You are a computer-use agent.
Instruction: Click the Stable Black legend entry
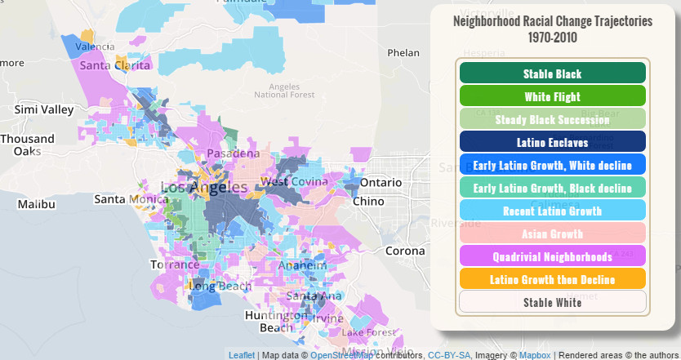(x=553, y=73)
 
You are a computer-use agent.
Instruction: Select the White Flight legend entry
(x=553, y=96)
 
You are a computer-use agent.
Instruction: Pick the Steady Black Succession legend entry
(x=553, y=119)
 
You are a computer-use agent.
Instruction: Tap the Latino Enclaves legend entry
(x=553, y=142)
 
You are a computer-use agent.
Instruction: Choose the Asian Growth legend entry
(x=553, y=233)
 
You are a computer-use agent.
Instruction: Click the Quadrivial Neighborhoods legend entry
(x=553, y=256)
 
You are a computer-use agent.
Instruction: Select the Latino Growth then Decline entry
(x=553, y=279)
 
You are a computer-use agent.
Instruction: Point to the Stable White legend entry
(x=553, y=302)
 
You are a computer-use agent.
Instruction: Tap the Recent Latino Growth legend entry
(x=553, y=211)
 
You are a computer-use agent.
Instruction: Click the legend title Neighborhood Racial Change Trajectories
(x=553, y=28)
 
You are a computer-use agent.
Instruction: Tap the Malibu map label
(x=35, y=203)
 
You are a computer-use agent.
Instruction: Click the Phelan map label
(x=403, y=53)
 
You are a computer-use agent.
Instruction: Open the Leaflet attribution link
(x=241, y=355)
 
